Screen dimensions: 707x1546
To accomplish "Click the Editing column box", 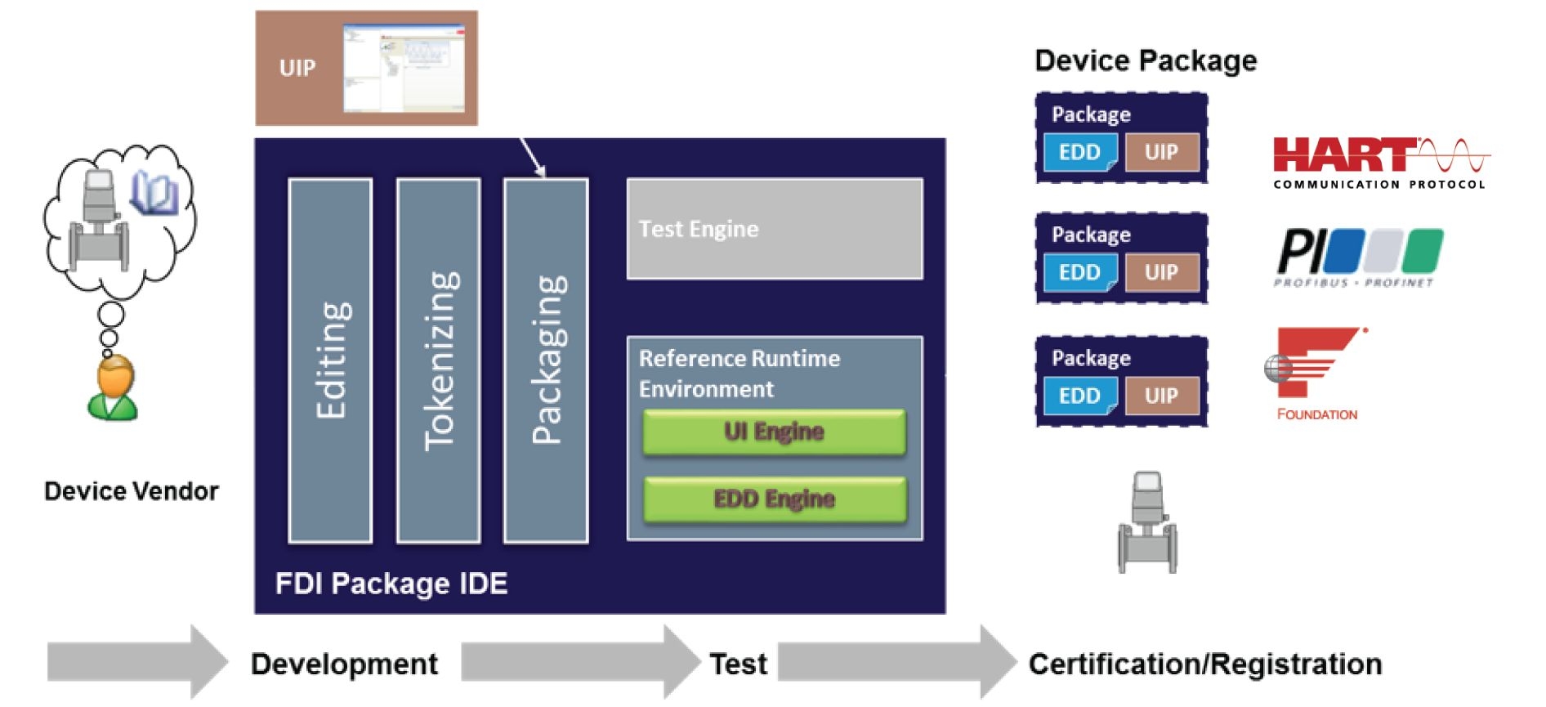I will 330,360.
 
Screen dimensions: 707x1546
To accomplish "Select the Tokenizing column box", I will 438,360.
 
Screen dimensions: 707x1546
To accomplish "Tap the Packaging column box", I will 546,360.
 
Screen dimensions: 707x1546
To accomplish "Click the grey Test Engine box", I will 775,229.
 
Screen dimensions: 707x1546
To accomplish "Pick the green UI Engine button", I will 774,432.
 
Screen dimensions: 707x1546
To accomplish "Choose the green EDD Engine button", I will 774,499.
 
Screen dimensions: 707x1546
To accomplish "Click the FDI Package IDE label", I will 391,584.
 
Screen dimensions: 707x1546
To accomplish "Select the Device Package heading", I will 1146,61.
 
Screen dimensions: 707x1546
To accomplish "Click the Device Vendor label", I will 132,491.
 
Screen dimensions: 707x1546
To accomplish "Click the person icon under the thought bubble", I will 113,388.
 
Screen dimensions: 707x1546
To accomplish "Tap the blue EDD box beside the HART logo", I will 1080,153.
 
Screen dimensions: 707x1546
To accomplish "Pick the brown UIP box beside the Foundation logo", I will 1161,396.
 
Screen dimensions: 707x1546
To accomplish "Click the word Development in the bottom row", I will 344,664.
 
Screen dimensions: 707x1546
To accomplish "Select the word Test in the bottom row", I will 738,664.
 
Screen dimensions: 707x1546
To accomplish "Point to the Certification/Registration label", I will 1205,664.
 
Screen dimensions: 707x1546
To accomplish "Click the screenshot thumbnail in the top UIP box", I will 404,68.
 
